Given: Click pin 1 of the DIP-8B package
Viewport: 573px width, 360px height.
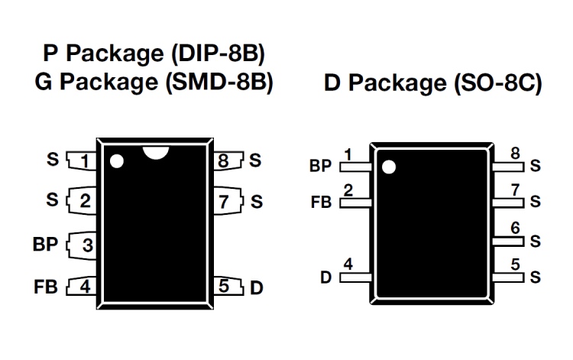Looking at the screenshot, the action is (82, 161).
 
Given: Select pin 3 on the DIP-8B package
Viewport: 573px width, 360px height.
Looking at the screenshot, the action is (82, 245).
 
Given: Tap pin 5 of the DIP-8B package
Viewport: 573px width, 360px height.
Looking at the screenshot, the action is (228, 286).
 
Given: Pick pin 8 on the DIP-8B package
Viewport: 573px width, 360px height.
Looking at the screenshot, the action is (228, 161).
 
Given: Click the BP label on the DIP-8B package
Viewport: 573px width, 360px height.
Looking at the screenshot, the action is (45, 245).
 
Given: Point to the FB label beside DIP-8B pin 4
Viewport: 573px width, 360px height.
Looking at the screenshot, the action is (46, 287).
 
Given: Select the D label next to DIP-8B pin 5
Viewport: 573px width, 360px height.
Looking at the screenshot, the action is (257, 288).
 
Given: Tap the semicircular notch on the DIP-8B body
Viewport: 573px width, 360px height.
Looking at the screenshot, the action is (156, 151).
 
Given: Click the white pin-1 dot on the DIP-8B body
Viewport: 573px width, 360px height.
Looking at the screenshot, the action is (117, 161).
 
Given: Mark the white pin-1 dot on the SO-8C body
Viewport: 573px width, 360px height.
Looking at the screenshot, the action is (389, 167).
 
